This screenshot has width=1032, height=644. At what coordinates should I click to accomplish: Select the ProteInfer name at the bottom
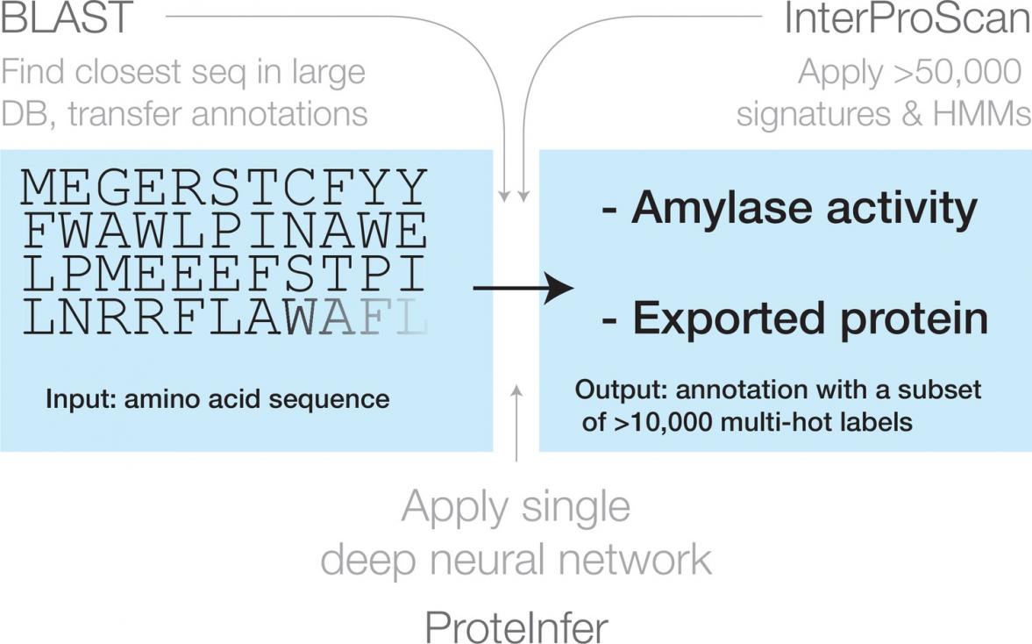(x=516, y=627)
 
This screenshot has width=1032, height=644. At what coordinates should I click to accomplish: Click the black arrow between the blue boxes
(x=523, y=287)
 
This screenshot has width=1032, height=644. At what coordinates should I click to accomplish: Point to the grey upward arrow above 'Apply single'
(x=516, y=421)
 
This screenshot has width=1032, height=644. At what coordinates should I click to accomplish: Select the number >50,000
(x=954, y=73)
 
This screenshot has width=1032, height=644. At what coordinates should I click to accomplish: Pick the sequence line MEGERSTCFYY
(x=224, y=188)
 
